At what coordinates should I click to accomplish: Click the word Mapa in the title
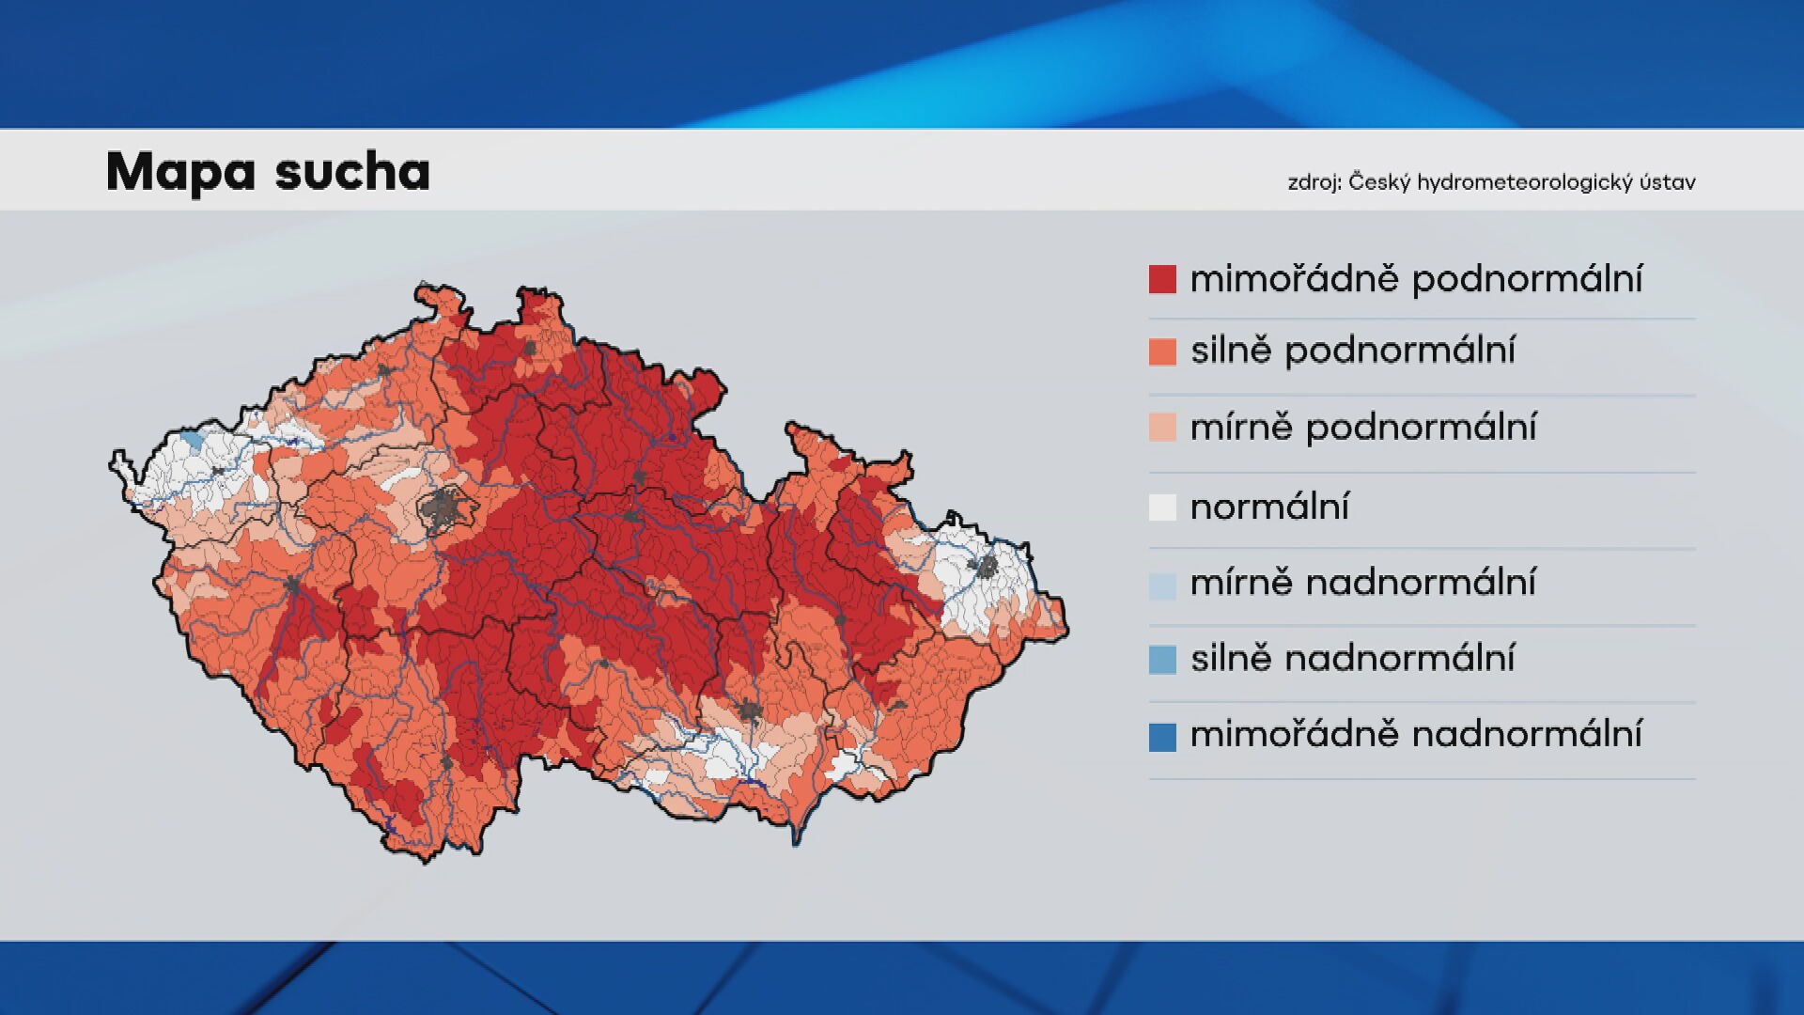(x=180, y=172)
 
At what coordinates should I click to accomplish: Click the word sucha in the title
(x=352, y=172)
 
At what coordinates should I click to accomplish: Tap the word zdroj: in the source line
(x=1314, y=182)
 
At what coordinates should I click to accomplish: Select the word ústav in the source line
(x=1668, y=182)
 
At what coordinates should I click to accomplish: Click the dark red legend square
(x=1162, y=279)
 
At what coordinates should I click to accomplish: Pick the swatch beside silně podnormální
(x=1162, y=351)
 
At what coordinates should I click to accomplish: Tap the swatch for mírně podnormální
(x=1162, y=428)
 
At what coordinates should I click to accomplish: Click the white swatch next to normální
(x=1162, y=507)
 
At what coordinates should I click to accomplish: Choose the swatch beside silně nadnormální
(x=1162, y=660)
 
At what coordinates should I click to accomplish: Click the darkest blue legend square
(x=1162, y=737)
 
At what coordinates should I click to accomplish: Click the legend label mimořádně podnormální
(x=1416, y=279)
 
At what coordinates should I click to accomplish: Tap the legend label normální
(x=1269, y=507)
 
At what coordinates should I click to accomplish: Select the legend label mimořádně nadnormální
(x=1416, y=734)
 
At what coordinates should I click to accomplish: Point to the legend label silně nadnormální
(x=1352, y=658)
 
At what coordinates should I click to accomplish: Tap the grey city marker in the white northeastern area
(x=987, y=566)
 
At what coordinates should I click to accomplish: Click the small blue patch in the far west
(x=193, y=440)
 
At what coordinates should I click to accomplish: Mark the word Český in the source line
(x=1379, y=182)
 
